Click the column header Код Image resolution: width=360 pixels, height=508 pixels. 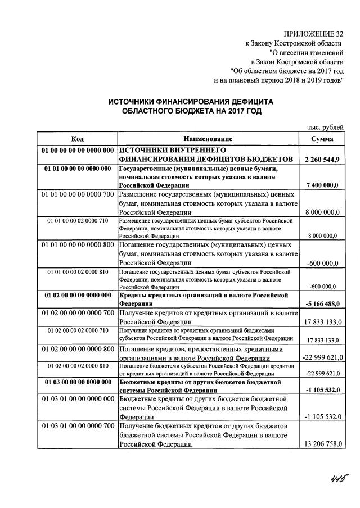[78, 139]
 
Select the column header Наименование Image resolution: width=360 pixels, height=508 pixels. [208, 139]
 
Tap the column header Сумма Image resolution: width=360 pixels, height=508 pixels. [322, 139]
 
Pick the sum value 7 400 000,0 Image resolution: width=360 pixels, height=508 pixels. [323, 185]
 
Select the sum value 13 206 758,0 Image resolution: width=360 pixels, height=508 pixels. [321, 444]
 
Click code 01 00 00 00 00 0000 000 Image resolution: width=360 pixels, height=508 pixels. [78, 151]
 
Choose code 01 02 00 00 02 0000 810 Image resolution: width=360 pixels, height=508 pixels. [78, 366]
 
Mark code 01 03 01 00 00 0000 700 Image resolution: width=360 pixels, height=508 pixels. [78, 429]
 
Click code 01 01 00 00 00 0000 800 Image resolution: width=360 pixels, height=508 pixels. [78, 245]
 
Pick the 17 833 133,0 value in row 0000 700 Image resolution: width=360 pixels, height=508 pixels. [321, 322]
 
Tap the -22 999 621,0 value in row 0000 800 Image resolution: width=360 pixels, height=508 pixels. [320, 357]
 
